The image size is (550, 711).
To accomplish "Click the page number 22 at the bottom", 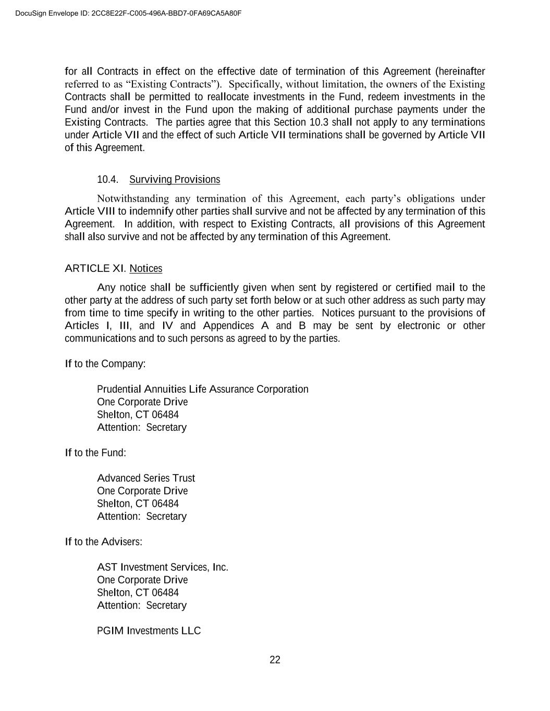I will click(x=275, y=660).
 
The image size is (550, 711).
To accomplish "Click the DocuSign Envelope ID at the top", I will click(x=128, y=13).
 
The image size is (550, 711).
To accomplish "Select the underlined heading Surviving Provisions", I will click(x=175, y=180).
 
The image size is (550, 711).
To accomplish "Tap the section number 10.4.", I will click(x=107, y=180).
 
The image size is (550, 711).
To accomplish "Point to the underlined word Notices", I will click(x=146, y=269).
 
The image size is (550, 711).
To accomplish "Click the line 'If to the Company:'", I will click(x=105, y=364).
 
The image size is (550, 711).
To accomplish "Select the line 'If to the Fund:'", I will click(x=95, y=453).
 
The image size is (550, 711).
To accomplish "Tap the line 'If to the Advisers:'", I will click(x=103, y=542).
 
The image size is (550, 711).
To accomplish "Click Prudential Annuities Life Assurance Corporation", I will click(x=202, y=389).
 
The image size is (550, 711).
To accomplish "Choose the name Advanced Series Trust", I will click(x=146, y=478).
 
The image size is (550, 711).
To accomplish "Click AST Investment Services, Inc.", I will click(x=163, y=567).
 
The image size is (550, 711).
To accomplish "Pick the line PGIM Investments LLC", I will click(x=149, y=631).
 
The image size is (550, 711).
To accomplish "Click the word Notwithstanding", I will click(x=133, y=198).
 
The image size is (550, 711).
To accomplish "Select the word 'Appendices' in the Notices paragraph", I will click(x=228, y=326).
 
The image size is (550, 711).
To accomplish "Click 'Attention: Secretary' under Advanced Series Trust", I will click(x=141, y=516).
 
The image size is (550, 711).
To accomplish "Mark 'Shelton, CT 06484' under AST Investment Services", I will click(x=138, y=593).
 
